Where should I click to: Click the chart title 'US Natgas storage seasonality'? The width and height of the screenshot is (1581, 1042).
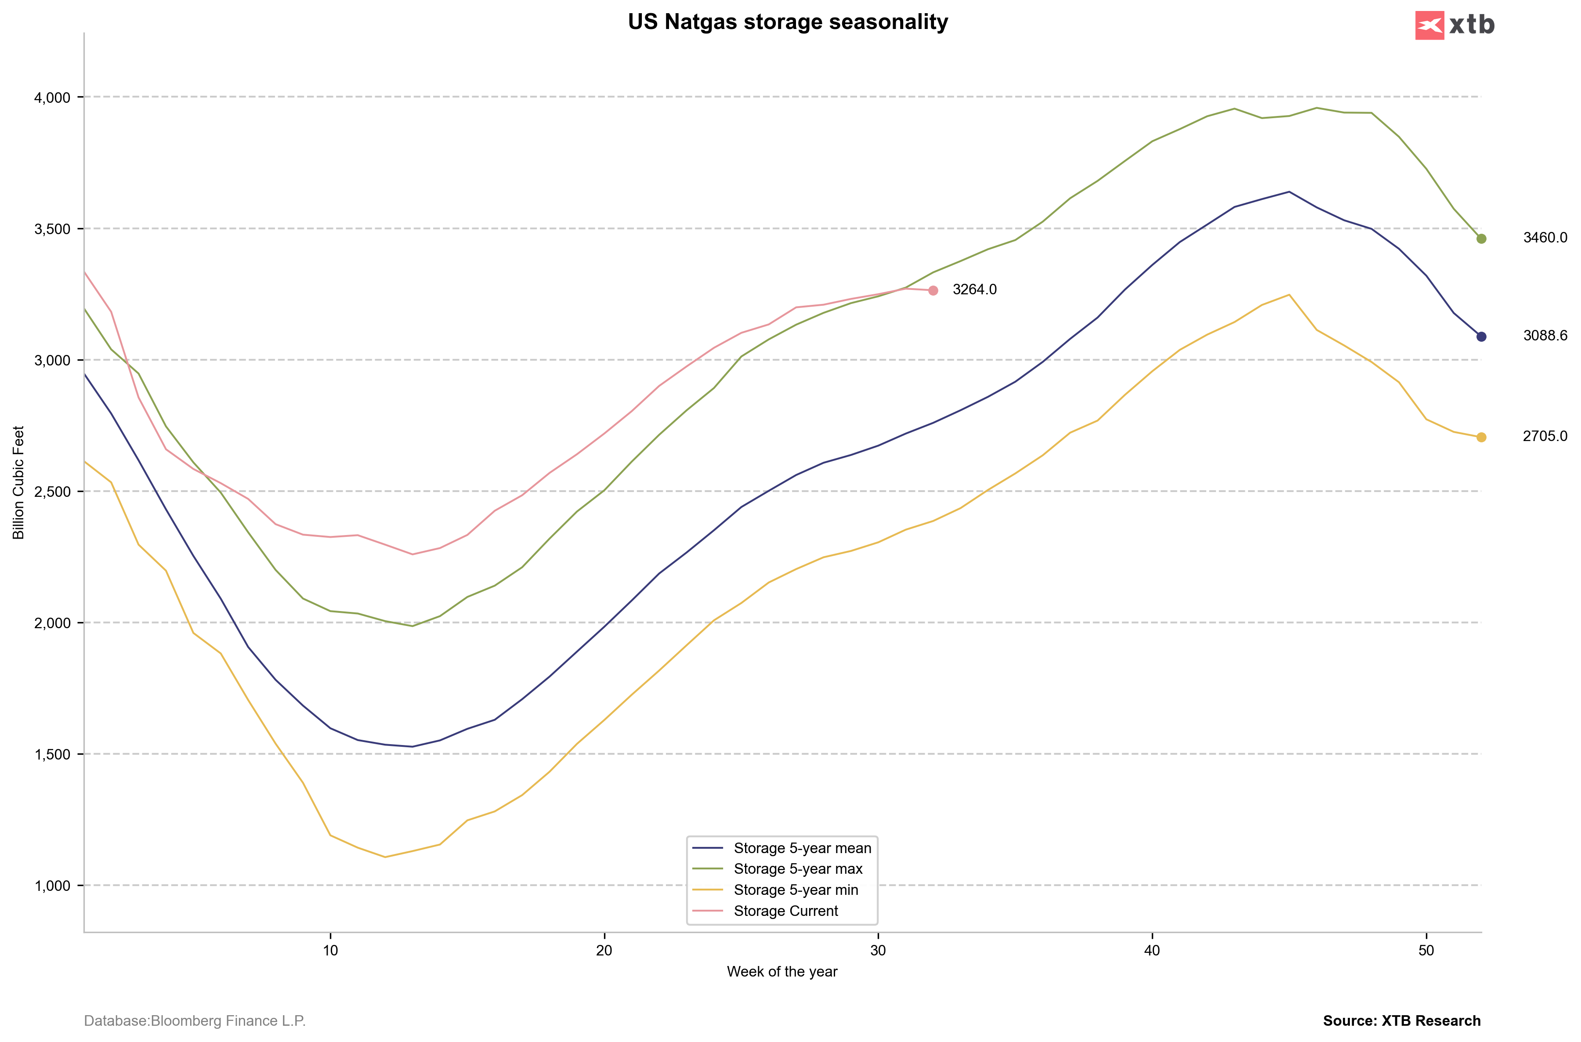click(788, 22)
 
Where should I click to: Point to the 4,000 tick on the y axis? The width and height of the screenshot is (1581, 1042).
click(52, 98)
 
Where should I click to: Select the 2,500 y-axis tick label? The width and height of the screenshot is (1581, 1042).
click(52, 492)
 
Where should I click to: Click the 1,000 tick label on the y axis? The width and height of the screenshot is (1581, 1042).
click(52, 886)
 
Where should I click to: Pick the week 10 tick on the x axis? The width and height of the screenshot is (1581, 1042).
click(330, 950)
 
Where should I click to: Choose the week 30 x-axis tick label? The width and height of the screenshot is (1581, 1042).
click(878, 950)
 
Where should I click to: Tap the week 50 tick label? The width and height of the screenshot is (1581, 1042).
click(1426, 950)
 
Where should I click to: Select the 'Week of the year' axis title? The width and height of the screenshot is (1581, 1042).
click(782, 972)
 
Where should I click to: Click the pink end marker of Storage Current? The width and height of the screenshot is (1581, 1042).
click(933, 290)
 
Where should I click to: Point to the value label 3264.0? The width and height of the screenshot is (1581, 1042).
click(974, 290)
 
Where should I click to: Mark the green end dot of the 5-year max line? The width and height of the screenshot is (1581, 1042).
click(1481, 239)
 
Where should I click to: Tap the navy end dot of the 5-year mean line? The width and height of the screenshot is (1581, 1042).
click(1481, 337)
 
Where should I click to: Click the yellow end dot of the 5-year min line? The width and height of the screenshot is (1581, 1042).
click(1481, 437)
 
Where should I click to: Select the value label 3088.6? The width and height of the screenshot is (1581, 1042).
click(1545, 336)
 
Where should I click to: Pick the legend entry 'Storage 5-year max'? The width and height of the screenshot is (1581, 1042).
click(797, 869)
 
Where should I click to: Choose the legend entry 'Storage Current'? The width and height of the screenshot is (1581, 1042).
click(785, 911)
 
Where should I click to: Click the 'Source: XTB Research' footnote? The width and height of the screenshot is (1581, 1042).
click(1402, 1021)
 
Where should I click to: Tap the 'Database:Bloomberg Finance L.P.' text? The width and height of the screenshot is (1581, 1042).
click(195, 1021)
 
